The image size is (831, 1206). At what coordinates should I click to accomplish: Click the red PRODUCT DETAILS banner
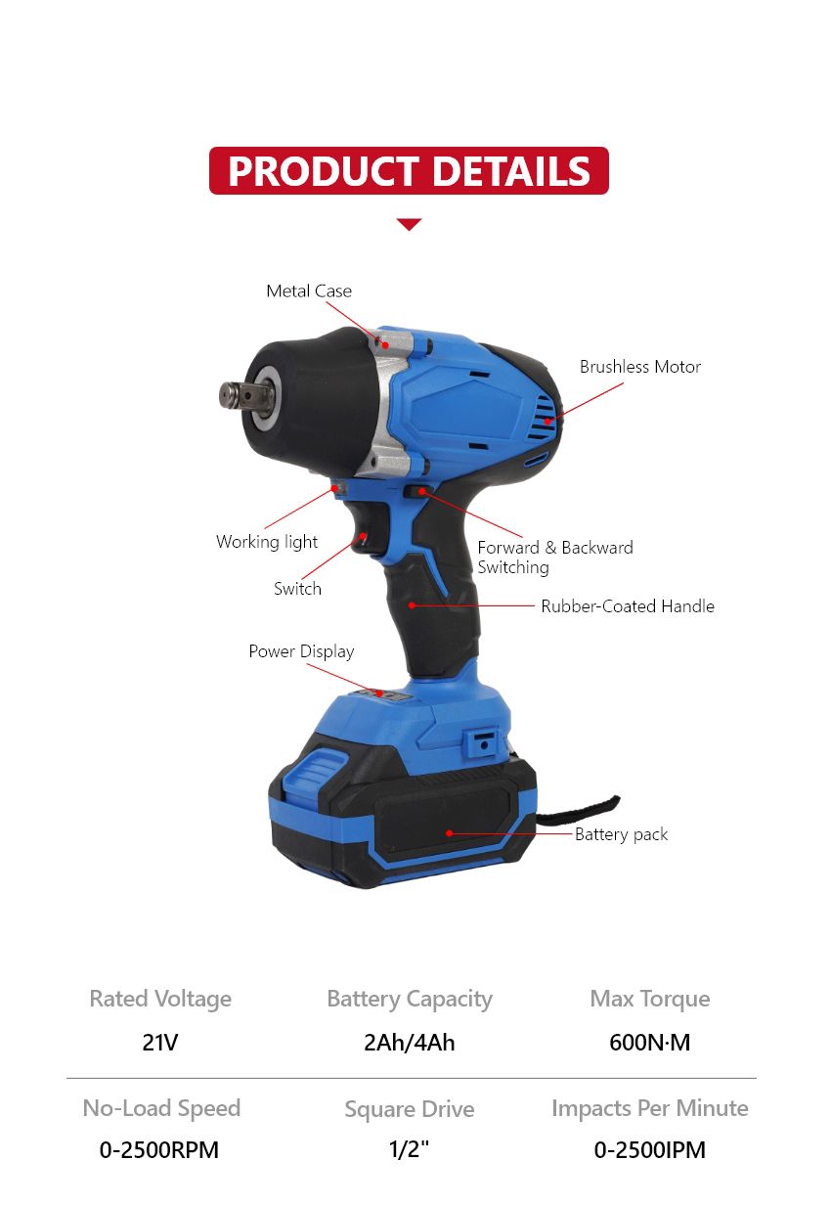click(409, 170)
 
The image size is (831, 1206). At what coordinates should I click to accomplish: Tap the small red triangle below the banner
click(409, 225)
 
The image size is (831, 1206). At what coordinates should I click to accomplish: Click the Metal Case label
click(309, 291)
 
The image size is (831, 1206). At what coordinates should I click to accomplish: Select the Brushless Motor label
click(640, 367)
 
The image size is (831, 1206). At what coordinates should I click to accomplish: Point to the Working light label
click(267, 542)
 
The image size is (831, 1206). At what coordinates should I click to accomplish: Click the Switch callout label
click(297, 589)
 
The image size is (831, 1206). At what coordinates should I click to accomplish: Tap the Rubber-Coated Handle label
click(628, 606)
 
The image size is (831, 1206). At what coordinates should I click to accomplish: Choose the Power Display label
click(301, 651)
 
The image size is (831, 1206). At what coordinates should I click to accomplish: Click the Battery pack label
click(622, 834)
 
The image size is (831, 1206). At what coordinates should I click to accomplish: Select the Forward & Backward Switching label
click(554, 558)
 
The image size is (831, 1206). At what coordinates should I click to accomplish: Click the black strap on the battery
click(587, 807)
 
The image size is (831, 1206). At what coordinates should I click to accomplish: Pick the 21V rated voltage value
click(160, 1043)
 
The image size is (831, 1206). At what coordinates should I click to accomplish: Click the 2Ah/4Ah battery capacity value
click(409, 1043)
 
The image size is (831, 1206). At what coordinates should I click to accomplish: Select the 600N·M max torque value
click(649, 1043)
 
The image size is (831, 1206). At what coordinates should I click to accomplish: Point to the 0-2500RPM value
click(159, 1150)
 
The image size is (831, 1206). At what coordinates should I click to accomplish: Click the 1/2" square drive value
click(409, 1150)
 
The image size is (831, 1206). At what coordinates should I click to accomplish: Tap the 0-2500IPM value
click(649, 1150)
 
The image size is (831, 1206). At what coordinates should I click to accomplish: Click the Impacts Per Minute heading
click(649, 1108)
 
